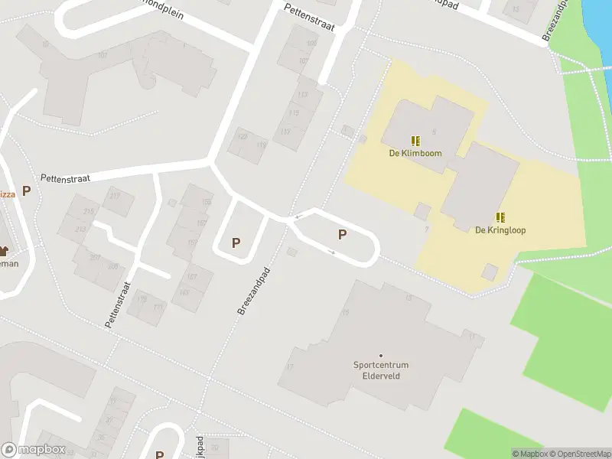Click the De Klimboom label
[415, 153]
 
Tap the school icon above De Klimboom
[415, 141]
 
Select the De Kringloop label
[500, 230]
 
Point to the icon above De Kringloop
[500, 217]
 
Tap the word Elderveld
[381, 376]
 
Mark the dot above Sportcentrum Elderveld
[380, 355]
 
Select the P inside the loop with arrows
[342, 235]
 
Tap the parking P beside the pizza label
[26, 190]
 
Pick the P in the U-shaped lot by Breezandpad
[236, 243]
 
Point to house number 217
[115, 195]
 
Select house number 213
[81, 229]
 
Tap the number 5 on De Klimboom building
[434, 132]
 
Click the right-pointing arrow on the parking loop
[332, 251]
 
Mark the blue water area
[597, 19]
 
